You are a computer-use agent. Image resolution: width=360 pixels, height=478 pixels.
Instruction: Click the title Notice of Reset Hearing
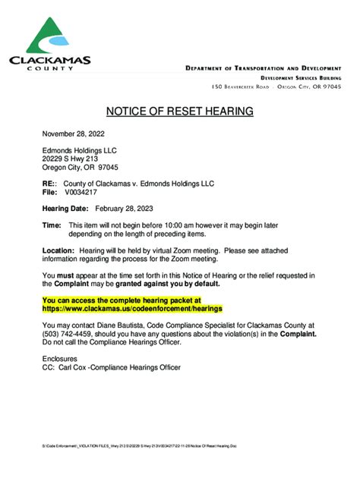179,112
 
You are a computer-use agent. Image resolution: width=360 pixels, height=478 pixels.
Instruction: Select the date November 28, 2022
74,133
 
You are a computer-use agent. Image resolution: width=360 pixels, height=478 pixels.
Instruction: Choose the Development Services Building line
301,78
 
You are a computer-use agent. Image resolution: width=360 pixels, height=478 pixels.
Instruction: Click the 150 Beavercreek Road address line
276,88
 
